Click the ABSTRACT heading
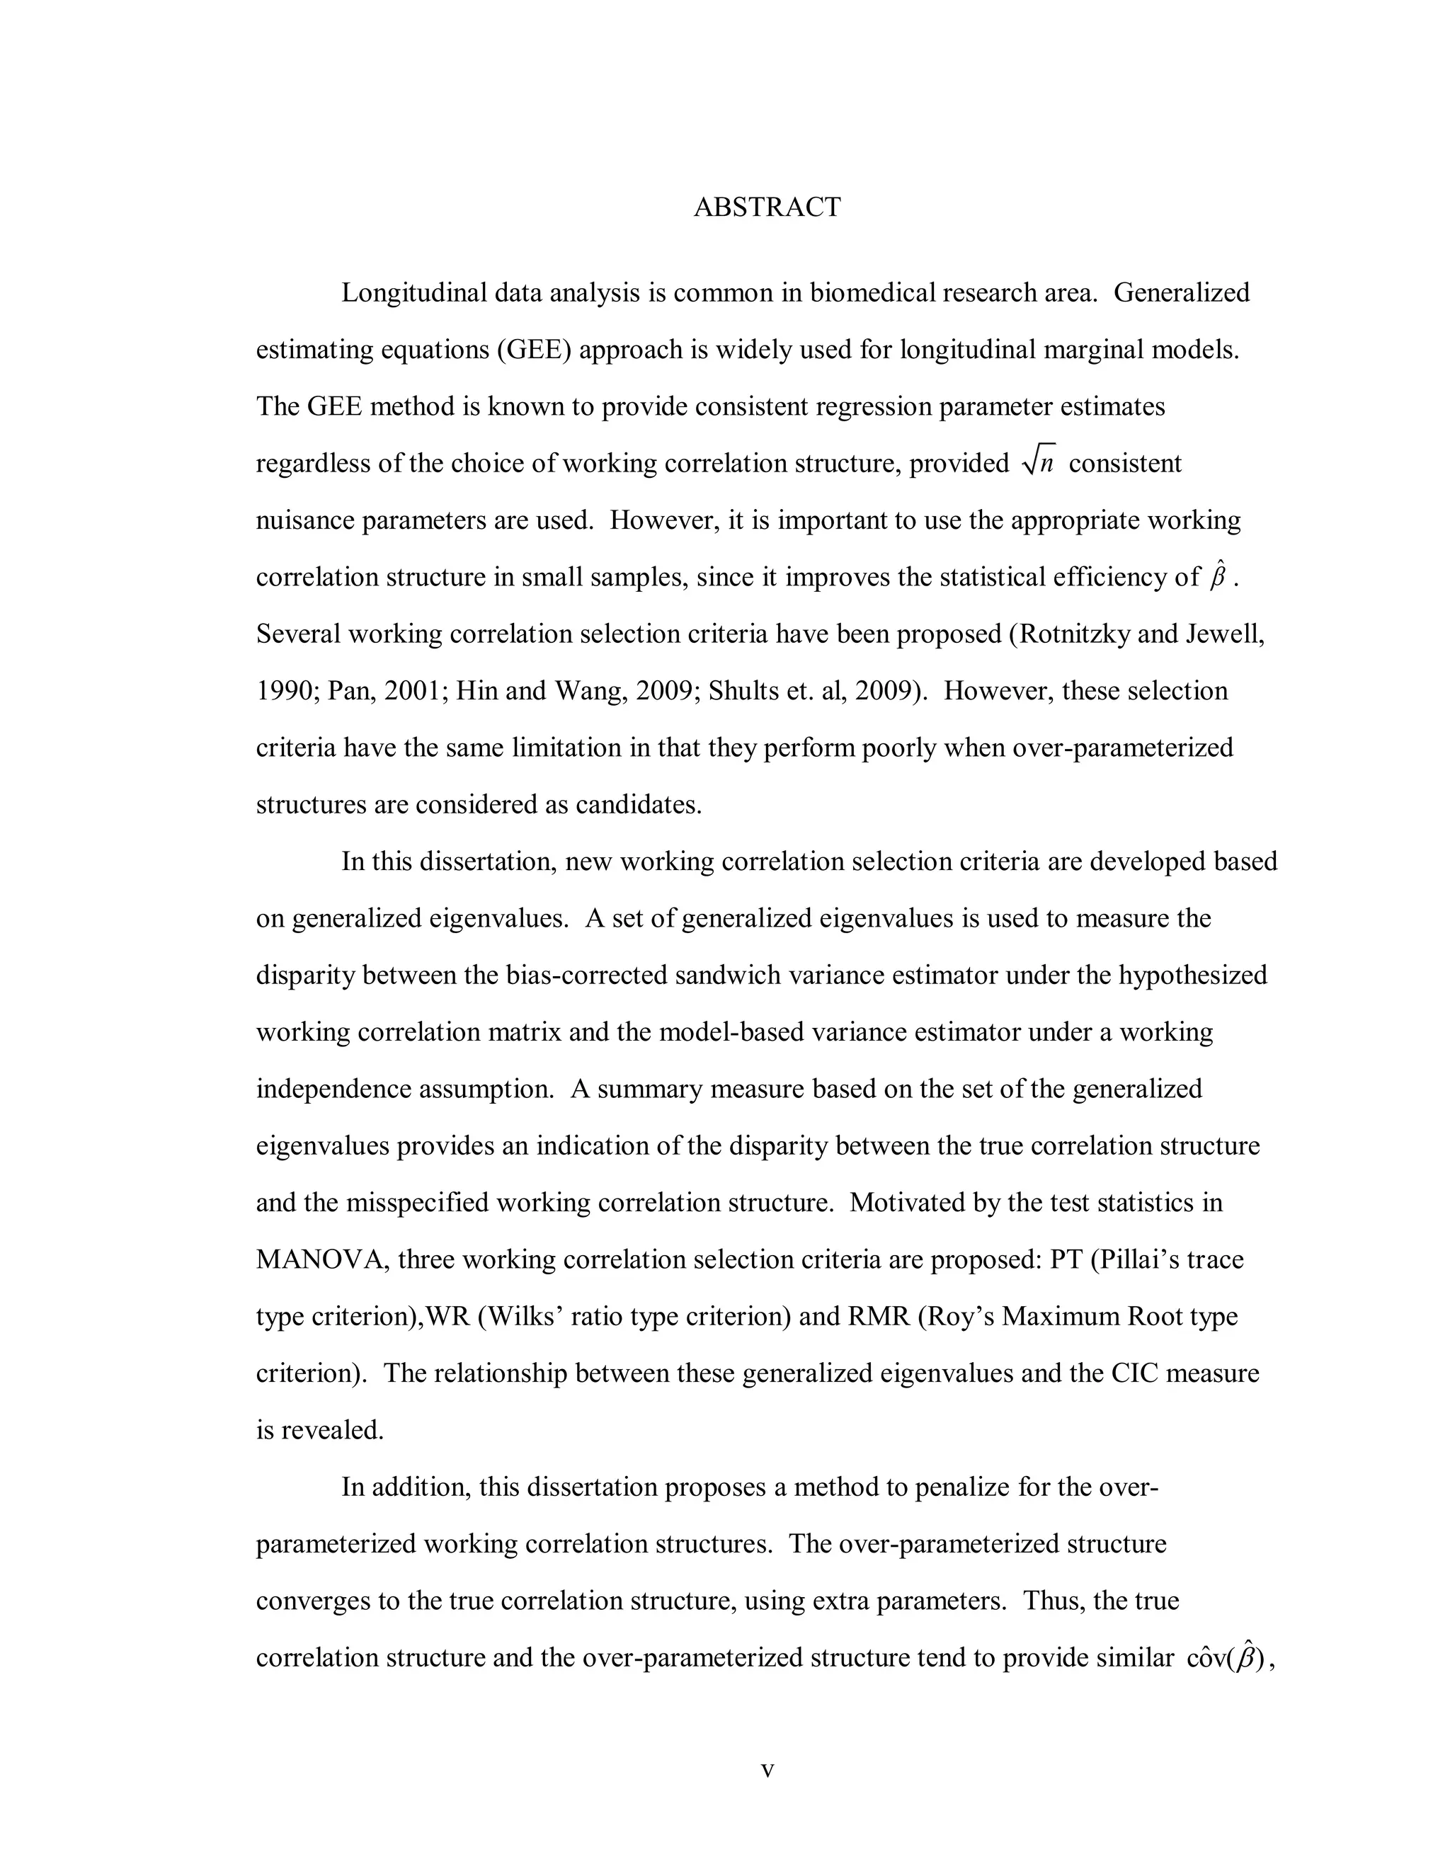click(767, 207)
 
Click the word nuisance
click(305, 520)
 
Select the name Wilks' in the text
click(519, 1316)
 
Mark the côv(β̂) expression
click(1228, 1657)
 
